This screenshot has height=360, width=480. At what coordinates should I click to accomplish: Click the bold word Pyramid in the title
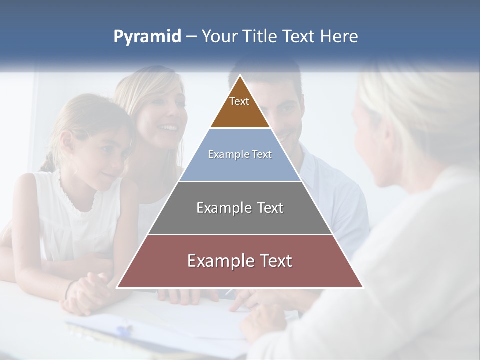click(x=147, y=37)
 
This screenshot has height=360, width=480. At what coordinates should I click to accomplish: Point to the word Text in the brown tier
click(x=239, y=101)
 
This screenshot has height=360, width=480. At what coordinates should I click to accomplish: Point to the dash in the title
click(x=191, y=37)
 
